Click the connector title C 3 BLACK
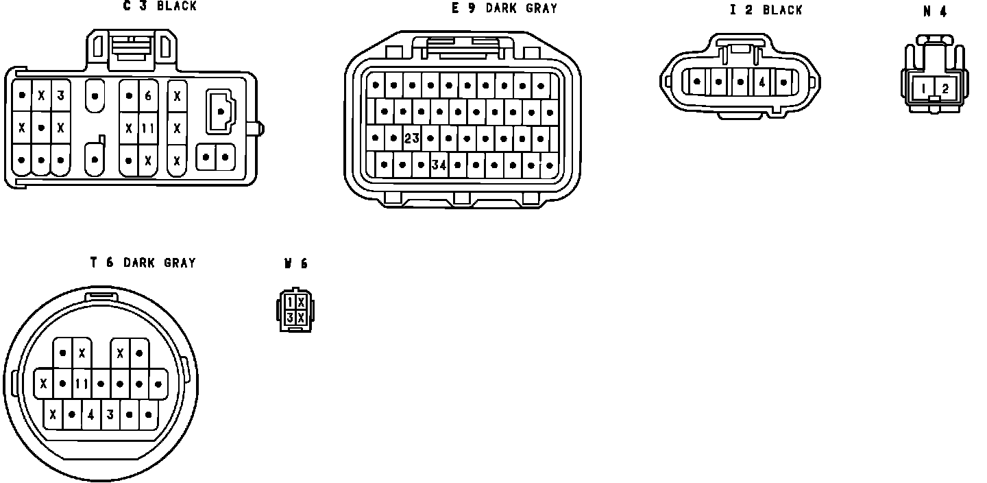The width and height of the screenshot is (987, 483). coord(160,6)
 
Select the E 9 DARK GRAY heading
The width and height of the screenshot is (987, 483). coord(504,8)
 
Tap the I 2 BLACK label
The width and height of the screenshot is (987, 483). coord(766,10)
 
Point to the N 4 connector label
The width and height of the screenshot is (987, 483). coord(935,12)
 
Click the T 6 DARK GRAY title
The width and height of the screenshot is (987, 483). coord(143,263)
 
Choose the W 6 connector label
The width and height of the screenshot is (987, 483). coord(296,263)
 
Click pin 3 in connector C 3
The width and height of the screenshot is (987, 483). coord(60,95)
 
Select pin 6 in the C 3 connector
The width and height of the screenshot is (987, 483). coord(148,95)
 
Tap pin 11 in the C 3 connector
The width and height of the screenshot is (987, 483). coord(148,128)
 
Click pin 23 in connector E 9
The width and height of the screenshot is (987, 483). coord(411,139)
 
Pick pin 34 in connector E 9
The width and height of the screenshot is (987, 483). coord(439,165)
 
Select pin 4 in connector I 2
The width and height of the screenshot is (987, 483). coord(762,82)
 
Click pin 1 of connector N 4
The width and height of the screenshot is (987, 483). coord(924,89)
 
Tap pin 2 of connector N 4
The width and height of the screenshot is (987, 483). coord(945,89)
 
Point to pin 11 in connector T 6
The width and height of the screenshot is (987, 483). coord(82,384)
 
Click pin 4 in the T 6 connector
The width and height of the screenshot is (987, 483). coord(91,414)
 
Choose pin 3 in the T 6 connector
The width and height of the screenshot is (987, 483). coord(110,414)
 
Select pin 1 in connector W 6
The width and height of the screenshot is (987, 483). coord(291,303)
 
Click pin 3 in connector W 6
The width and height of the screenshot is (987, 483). coord(291,318)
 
